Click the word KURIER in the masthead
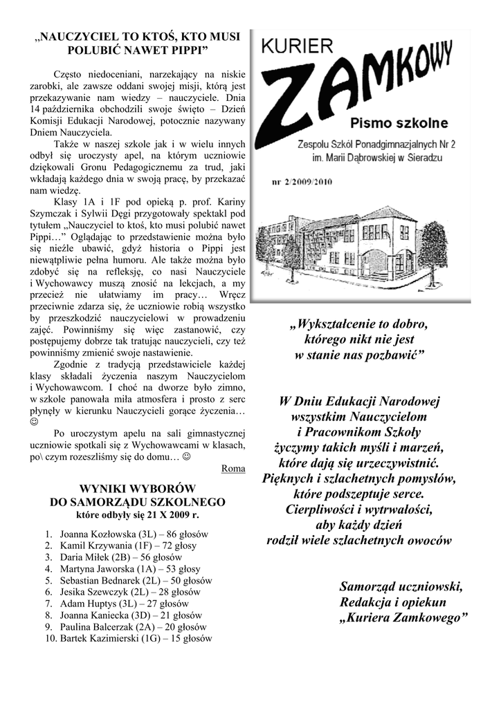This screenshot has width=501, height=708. click(298, 48)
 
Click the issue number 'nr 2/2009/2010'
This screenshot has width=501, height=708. click(302, 183)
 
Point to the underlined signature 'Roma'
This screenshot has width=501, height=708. click(233, 468)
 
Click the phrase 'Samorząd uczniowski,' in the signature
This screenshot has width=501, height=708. click(401, 587)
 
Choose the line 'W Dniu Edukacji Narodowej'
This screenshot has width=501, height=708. click(360, 402)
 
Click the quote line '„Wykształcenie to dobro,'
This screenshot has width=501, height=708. click(360, 324)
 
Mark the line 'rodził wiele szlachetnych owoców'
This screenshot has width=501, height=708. click(359, 541)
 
